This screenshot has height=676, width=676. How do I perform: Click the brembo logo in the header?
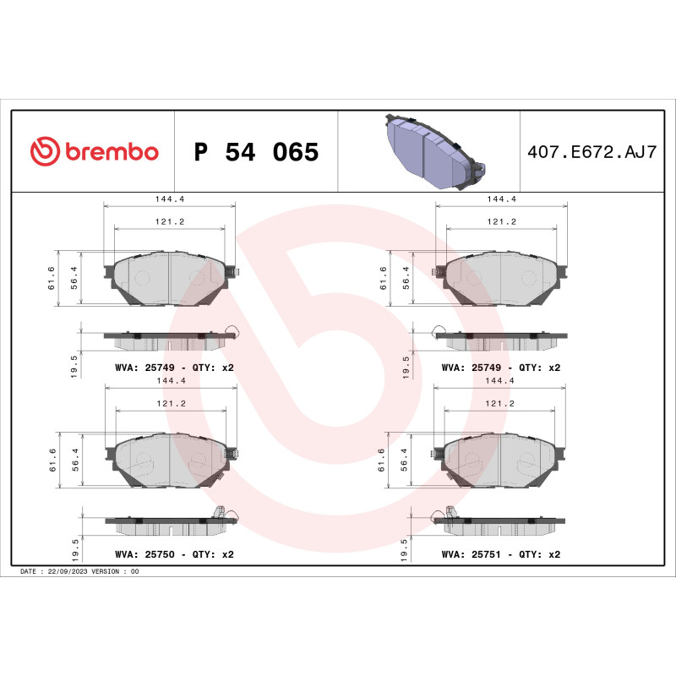pos(94,151)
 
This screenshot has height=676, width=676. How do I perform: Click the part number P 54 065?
pos(256,153)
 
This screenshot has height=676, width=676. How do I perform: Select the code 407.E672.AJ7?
pos(591,153)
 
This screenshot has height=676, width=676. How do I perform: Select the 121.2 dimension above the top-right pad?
pos(501,221)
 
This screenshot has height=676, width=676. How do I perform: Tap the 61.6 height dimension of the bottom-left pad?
pos(52,462)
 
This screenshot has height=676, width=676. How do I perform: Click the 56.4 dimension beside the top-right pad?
pos(406,277)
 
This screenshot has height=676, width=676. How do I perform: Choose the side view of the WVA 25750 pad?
pos(169,524)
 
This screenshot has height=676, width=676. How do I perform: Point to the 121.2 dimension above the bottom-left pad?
pos(169,404)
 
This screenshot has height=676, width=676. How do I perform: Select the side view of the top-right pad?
pos(501,340)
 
